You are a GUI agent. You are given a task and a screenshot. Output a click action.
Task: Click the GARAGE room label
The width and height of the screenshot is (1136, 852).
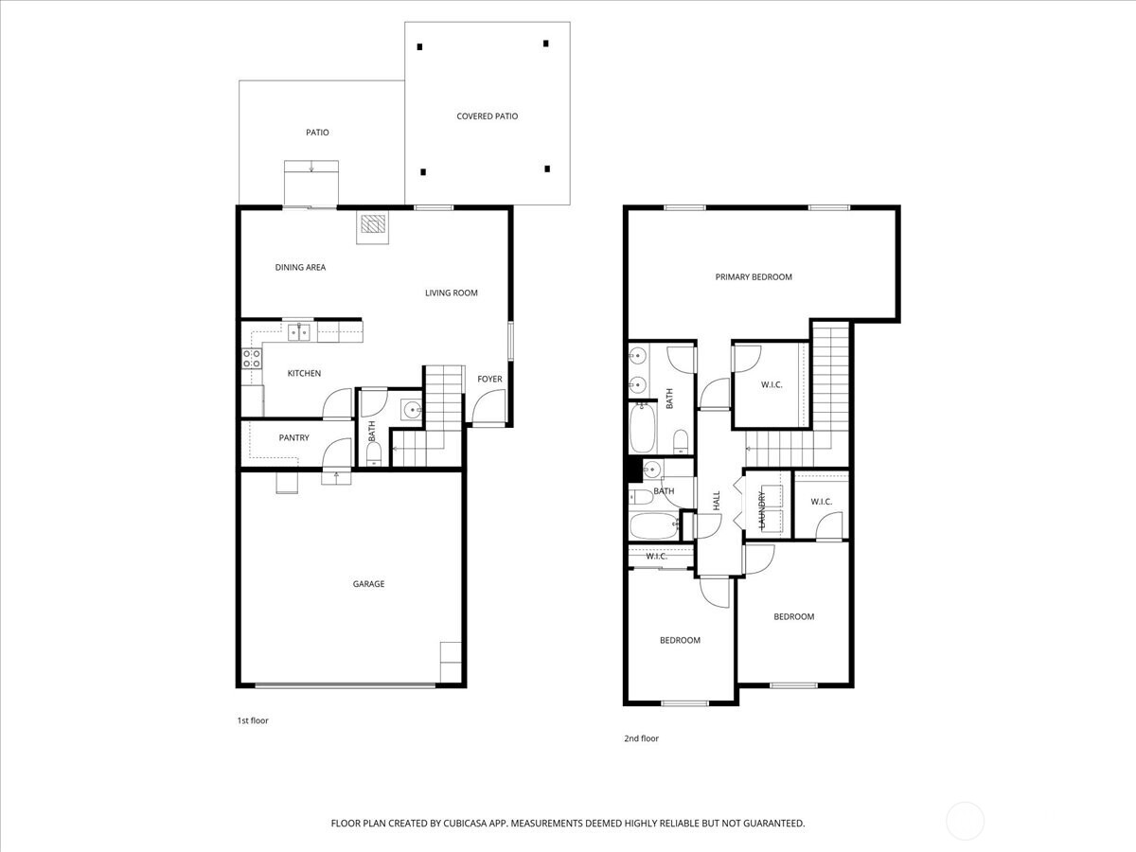pos(368,584)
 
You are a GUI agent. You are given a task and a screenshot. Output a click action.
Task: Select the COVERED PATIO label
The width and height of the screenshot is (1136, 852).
pos(487,116)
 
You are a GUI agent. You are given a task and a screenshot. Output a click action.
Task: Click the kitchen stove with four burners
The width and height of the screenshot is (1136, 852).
pos(252,358)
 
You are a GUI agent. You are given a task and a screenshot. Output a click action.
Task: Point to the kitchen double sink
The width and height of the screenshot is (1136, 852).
pos(300,332)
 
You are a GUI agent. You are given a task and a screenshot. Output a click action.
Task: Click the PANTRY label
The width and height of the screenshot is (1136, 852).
pos(293,437)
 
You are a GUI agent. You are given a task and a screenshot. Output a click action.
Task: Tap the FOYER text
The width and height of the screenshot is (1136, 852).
pos(489,380)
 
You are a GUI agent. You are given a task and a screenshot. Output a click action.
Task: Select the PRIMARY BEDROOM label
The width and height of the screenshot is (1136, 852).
pos(754,277)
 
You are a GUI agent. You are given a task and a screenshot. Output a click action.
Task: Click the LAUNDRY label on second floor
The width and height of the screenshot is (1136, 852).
pos(761,509)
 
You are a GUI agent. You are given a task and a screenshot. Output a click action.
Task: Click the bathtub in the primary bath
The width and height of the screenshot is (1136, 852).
pos(644,429)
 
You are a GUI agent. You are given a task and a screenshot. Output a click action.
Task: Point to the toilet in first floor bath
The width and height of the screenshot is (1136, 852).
pos(373,455)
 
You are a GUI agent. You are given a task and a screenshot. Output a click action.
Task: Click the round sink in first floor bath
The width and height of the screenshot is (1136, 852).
pos(411,410)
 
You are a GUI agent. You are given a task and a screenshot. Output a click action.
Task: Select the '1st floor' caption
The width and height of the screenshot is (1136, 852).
pos(253,720)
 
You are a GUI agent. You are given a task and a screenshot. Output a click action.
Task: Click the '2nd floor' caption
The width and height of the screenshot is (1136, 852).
pos(641,738)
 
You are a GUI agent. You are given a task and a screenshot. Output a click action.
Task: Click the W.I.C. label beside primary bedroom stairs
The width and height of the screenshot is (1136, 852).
pos(772,385)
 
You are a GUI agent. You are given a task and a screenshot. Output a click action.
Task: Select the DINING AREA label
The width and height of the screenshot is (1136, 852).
pos(300,268)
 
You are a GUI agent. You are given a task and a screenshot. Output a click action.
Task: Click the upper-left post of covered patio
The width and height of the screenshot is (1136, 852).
pos(421,46)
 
